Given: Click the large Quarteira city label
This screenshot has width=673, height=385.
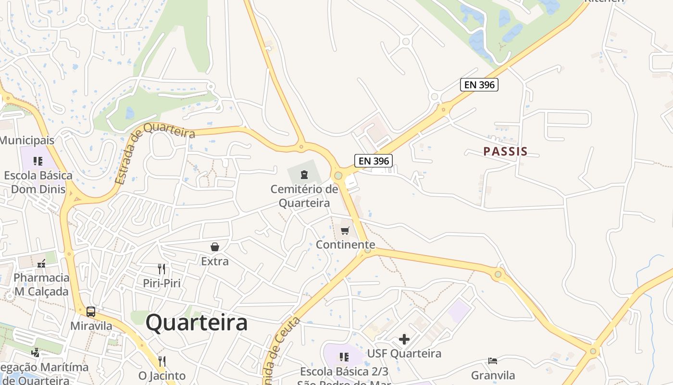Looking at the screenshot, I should coord(197,323).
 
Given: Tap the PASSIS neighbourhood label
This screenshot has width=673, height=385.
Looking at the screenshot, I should coord(505,152).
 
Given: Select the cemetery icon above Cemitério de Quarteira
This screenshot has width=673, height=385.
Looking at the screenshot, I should coord(304,174).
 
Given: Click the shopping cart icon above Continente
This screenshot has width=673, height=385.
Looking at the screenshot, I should coord(345,231).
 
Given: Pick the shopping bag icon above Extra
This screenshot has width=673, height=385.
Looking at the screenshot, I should coord(215,247).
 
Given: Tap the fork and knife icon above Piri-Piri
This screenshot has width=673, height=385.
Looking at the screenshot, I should coord(162,269).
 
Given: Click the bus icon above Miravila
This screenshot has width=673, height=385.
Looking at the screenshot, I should coord(91,311).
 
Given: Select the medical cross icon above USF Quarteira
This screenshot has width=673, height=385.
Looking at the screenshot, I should coord(404,339).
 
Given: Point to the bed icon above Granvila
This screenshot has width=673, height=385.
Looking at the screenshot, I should coord(493,361).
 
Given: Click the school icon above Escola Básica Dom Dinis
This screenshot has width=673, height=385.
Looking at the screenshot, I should coord(37,161).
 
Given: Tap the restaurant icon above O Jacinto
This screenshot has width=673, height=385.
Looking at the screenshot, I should coord(162,361).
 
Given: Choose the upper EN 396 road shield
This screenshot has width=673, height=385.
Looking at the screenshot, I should coord(479,85).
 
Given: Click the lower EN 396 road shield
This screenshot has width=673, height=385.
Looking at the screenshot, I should coord(373,161).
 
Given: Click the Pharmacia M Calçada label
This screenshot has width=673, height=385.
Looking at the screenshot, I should coord(41,284).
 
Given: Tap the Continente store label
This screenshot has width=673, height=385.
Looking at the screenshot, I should coord(345,244).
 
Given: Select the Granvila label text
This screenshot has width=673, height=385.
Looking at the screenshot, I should coord(493,375).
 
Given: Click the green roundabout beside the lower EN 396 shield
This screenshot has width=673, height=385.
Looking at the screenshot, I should coord(338,175).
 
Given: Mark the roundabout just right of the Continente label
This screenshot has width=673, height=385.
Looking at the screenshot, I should coord(368,250).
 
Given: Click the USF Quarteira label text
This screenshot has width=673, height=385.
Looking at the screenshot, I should coord(404,353).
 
